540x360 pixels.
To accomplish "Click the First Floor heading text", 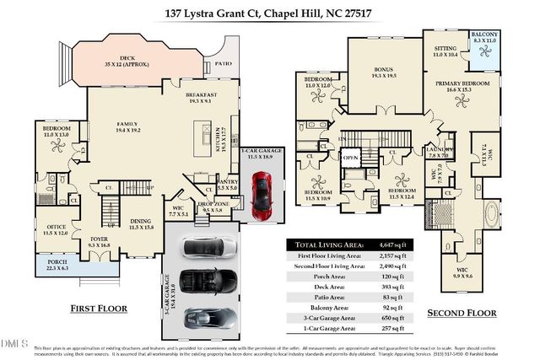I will (99, 309).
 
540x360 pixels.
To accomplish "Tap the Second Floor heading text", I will (461, 312).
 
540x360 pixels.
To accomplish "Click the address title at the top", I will (269, 12).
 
